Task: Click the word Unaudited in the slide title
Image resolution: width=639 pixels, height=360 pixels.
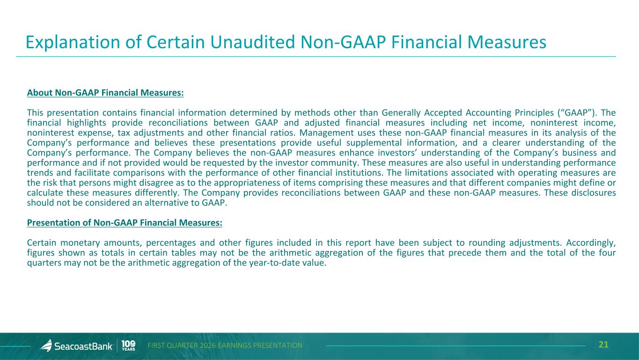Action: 252,42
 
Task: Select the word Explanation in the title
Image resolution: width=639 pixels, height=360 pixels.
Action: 73,43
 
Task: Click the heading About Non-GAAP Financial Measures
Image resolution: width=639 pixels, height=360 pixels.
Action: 105,93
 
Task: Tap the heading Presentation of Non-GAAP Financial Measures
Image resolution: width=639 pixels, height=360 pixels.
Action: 125,222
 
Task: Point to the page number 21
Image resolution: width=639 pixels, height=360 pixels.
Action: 603,345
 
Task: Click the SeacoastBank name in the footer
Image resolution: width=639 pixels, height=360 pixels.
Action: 83,346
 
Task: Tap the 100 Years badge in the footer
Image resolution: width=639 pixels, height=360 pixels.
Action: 128,345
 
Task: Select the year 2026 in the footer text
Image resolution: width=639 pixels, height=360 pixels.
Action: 208,345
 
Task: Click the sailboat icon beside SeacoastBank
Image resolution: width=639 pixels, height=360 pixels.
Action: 46,345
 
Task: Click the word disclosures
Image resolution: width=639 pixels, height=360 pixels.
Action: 594,192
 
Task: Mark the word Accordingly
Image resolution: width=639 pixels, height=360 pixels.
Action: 591,243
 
